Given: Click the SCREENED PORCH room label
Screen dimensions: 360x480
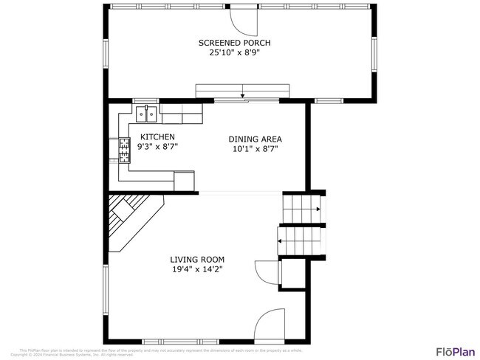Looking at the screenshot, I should coord(239,43).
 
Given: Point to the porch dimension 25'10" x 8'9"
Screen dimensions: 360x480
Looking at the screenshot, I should coord(239,53).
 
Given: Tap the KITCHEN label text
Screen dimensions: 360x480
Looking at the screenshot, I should coord(157,136).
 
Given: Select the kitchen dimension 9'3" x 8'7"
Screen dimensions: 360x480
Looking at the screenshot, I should coord(157,147).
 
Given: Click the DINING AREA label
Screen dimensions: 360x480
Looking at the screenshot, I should coord(255,139).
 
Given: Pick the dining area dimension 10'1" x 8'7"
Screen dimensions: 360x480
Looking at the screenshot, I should coord(255,148).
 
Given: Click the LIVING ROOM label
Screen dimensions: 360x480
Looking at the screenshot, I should coord(197,260).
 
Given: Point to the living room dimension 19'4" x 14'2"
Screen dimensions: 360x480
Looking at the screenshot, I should coord(197,270).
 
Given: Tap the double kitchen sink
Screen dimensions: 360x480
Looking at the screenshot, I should coord(146,114).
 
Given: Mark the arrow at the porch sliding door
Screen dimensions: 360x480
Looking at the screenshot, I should coord(243,94).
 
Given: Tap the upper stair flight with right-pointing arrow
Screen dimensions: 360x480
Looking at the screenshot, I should coord(302,210).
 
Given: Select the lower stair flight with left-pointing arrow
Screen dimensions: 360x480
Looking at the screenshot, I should coord(299,240).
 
